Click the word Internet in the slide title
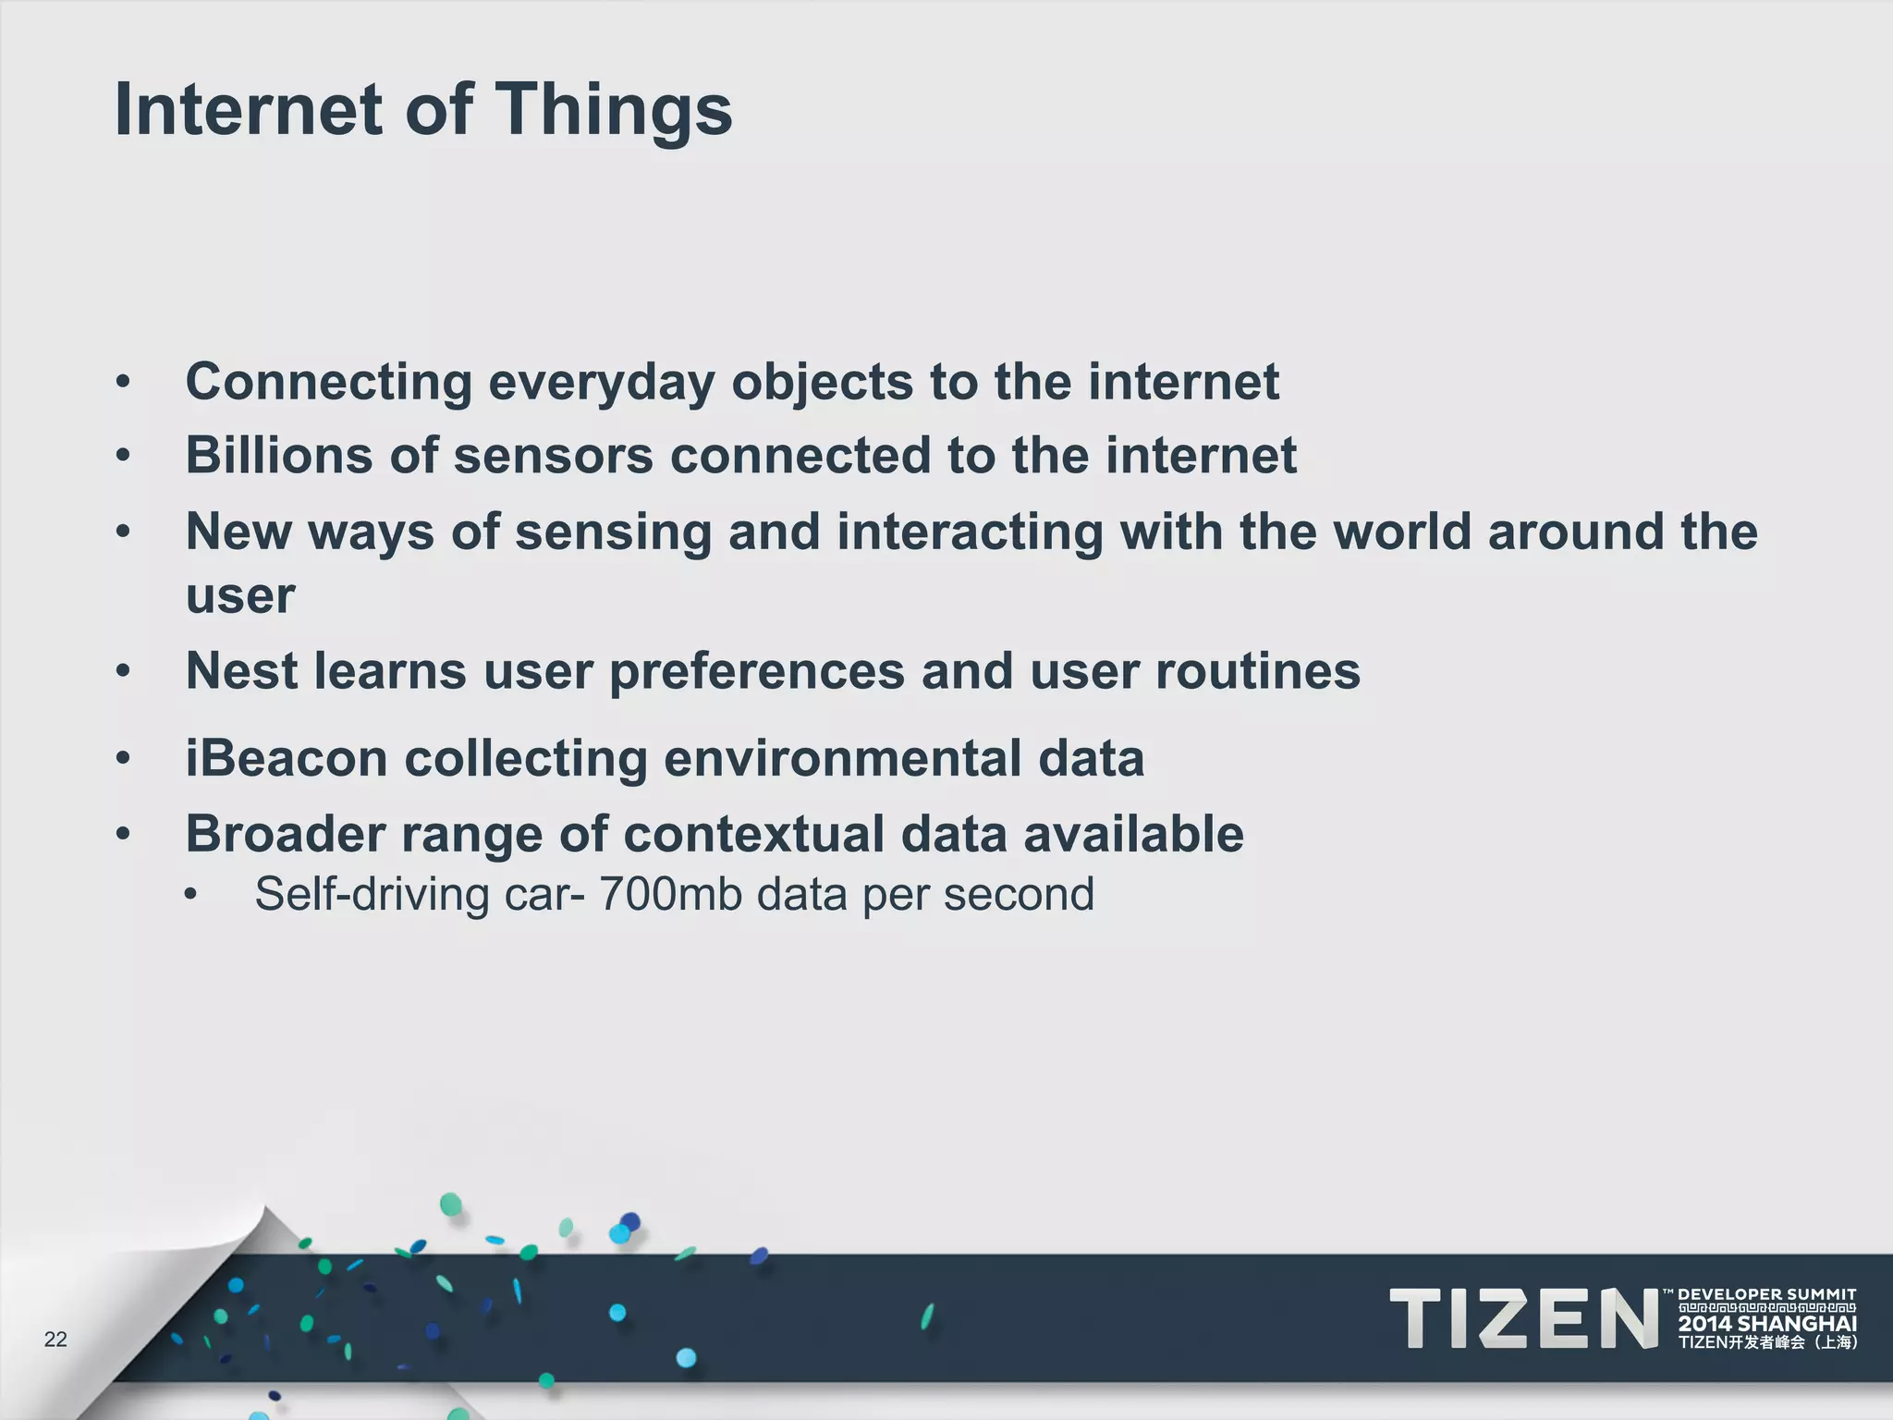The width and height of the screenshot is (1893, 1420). point(248,109)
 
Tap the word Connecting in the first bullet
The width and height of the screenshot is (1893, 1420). point(329,382)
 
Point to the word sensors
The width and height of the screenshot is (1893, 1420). point(553,456)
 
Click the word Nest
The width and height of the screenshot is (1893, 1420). point(242,670)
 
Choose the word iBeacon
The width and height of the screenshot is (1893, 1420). point(287,758)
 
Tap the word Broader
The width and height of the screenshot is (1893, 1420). point(285,834)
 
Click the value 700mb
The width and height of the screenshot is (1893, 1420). point(670,894)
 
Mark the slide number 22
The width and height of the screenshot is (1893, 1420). point(55,1340)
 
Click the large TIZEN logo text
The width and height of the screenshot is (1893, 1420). point(1523,1318)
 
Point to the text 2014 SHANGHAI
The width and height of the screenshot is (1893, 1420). point(1767,1324)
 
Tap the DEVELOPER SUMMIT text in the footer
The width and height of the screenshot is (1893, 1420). point(1767,1294)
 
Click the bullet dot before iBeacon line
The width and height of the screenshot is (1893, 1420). point(124,758)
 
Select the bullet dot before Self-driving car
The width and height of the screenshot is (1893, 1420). point(190,895)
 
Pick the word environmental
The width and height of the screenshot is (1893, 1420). point(841,758)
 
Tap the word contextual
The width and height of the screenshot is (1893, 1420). point(753,834)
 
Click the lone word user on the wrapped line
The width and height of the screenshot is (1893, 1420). point(240,595)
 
